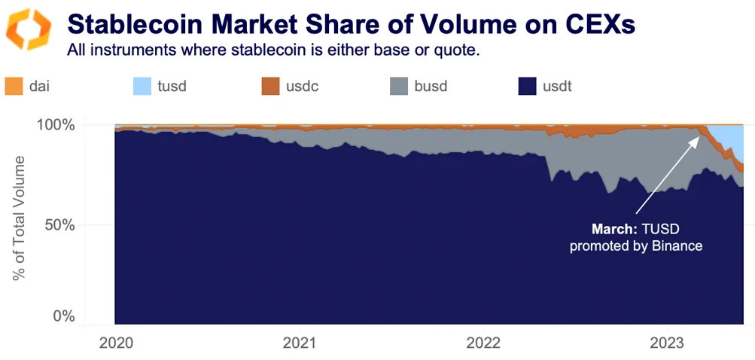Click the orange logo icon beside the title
pyautogui.click(x=29, y=29)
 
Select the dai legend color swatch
pyautogui.click(x=14, y=86)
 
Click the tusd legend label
pyautogui.click(x=172, y=86)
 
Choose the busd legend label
pyautogui.click(x=431, y=86)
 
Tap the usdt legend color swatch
pyautogui.click(x=528, y=86)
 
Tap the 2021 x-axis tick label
pyautogui.click(x=300, y=343)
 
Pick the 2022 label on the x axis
pyautogui.click(x=483, y=343)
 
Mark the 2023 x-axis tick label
pyautogui.click(x=668, y=343)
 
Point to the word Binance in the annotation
pyautogui.click(x=677, y=246)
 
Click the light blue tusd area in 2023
pyautogui.click(x=730, y=139)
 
